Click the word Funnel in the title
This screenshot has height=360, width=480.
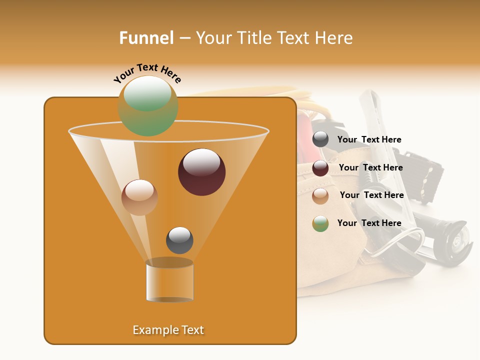point(146,38)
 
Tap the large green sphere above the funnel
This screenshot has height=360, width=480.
point(147,105)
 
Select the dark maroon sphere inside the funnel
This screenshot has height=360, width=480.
point(201,172)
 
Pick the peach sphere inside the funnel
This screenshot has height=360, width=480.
point(139,197)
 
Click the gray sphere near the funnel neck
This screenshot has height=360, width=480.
point(179,240)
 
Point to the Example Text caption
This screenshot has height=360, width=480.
point(168,330)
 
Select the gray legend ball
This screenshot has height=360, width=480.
point(320,139)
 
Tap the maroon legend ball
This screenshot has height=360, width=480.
point(320,168)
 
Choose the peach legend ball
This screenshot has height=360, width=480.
point(320,196)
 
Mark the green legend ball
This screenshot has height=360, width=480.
point(320,223)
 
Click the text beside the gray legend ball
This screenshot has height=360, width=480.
point(369,140)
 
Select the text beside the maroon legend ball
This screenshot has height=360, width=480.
point(370,168)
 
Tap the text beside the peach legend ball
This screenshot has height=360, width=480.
point(371,195)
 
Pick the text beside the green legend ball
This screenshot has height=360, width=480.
point(369,223)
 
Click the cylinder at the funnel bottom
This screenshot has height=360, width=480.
point(169,281)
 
